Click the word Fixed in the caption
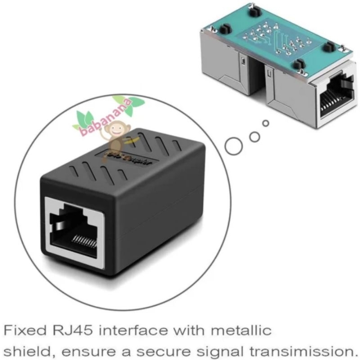pos(21,331)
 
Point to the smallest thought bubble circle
pos(266,122)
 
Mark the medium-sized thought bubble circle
pos(255,136)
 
